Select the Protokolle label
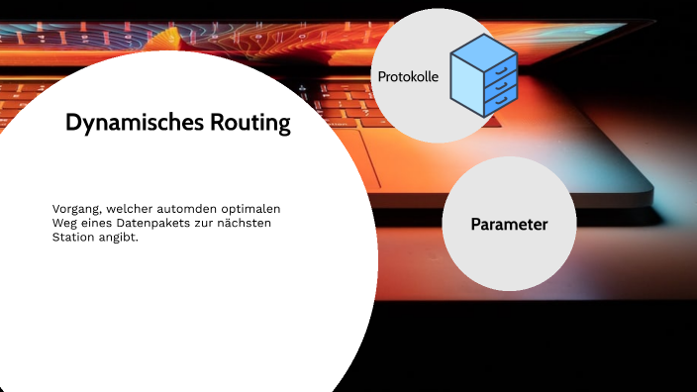(x=408, y=76)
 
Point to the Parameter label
(x=509, y=225)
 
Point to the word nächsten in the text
(x=244, y=224)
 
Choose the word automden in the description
(x=180, y=209)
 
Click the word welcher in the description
(x=126, y=209)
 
